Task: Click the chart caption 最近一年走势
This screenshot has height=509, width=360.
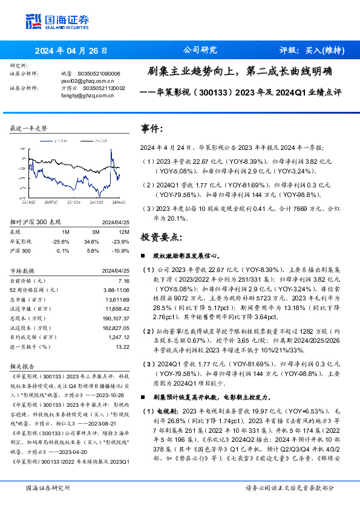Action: tap(28, 129)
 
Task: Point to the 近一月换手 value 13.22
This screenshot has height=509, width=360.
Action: tap(122, 347)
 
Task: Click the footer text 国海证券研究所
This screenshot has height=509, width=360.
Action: tap(47, 487)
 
